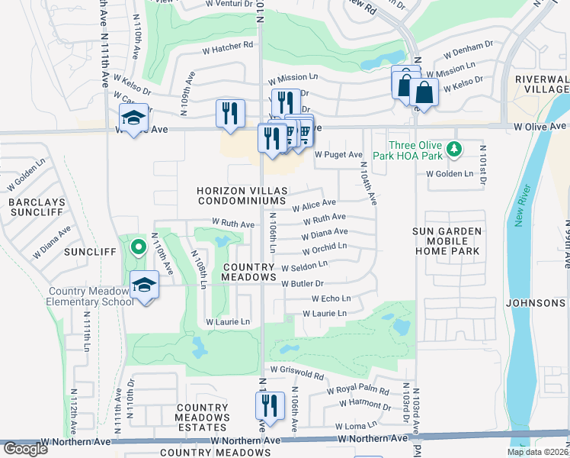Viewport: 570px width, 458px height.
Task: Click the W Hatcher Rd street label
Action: [227, 46]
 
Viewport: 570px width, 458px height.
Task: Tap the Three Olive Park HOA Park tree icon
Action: [454, 147]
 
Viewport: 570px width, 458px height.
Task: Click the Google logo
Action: [25, 449]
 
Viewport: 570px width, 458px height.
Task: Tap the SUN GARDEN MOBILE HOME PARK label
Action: [447, 240]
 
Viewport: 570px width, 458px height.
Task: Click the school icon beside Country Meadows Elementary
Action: [144, 285]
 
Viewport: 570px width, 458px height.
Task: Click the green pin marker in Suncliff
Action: [137, 247]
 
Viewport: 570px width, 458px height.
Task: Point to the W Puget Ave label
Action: [338, 154]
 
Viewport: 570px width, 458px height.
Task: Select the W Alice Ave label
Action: [314, 204]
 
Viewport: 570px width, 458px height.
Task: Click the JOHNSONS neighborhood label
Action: [537, 303]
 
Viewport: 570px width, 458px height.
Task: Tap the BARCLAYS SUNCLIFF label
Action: [37, 208]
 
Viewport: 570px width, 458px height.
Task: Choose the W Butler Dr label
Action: [308, 284]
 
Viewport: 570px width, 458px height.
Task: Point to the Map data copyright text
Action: [536, 452]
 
